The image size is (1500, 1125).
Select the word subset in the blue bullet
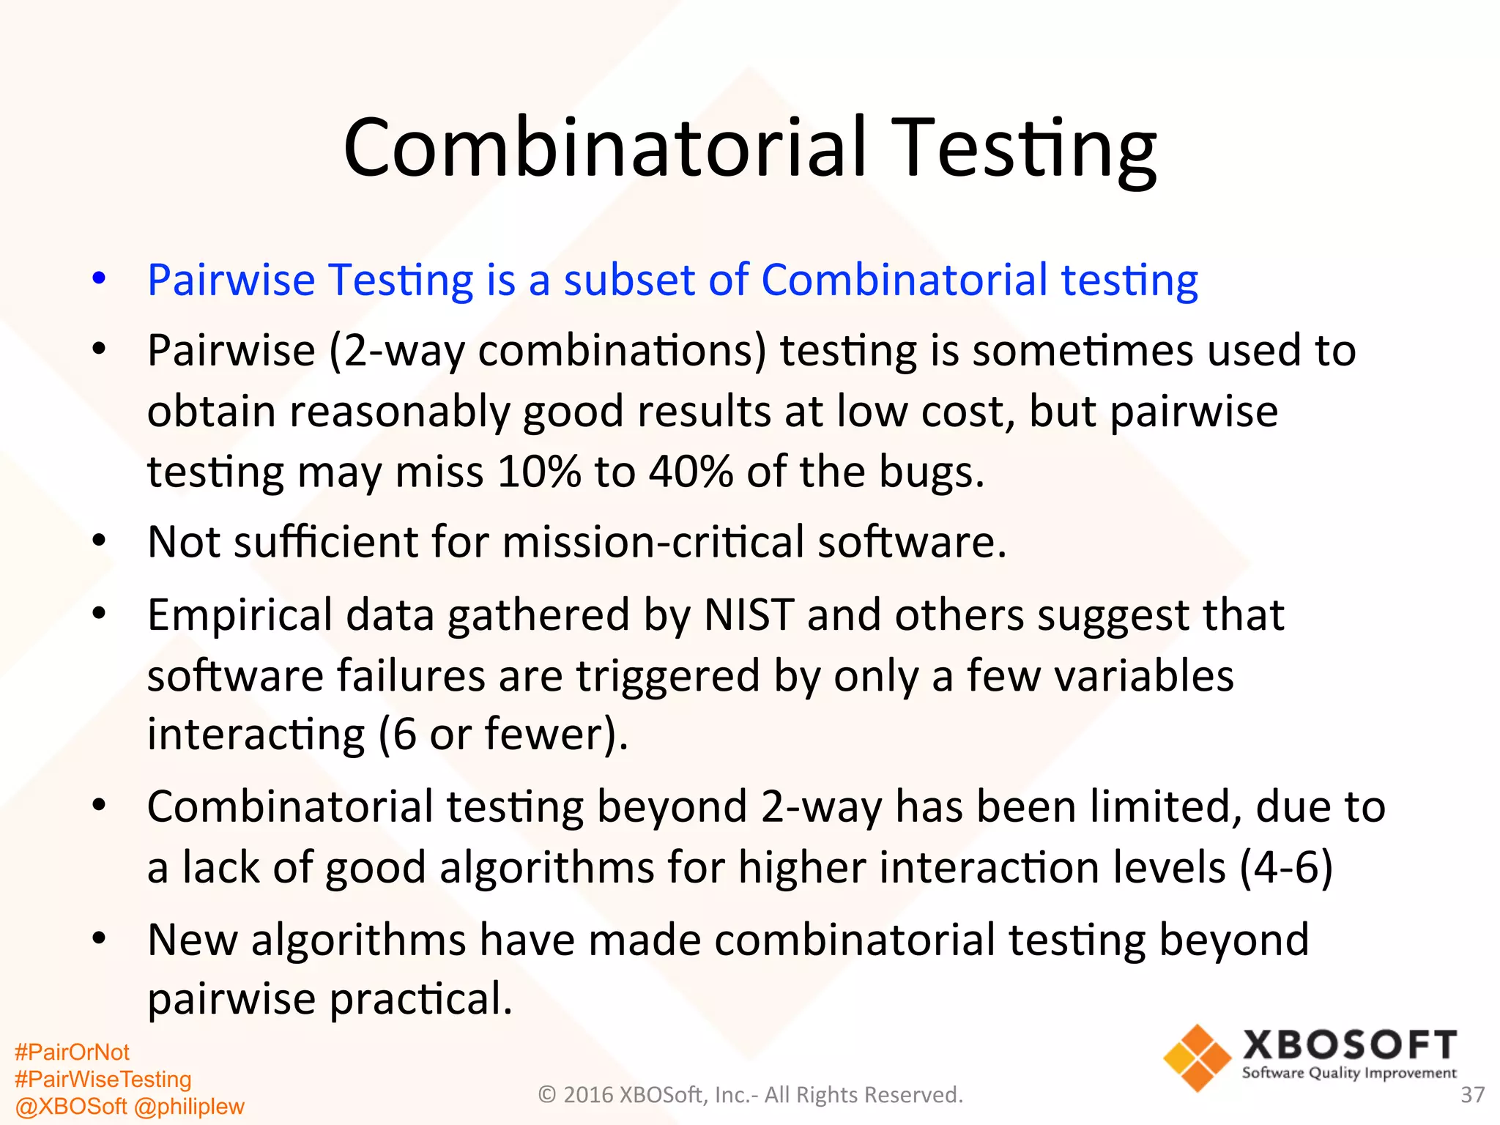(649, 280)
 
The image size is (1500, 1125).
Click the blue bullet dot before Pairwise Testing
(100, 278)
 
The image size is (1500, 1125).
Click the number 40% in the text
(691, 471)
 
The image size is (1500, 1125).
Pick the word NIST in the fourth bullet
(749, 615)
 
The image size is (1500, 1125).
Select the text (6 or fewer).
(503, 734)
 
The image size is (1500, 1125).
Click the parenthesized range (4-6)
(1285, 867)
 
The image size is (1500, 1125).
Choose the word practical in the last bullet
(420, 999)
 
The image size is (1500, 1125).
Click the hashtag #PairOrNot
(72, 1052)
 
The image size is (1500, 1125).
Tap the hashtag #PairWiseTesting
(103, 1079)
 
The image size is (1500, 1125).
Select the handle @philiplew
(189, 1106)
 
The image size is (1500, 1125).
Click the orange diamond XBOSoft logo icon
(1197, 1058)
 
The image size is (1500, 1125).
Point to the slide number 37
(1472, 1095)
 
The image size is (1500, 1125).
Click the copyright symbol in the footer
(547, 1095)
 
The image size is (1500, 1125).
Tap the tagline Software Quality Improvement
(1349, 1073)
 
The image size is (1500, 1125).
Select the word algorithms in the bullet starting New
(358, 940)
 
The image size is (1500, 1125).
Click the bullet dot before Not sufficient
(100, 542)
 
